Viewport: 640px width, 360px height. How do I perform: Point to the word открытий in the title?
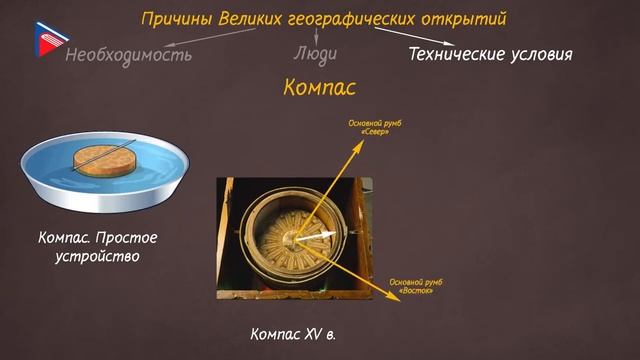click(470, 18)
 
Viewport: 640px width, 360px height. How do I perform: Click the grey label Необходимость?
click(128, 54)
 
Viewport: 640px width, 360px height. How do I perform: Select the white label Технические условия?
click(490, 53)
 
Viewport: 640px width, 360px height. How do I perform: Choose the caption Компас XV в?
click(293, 331)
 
